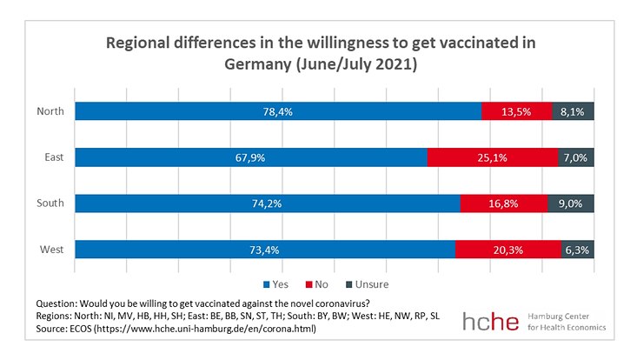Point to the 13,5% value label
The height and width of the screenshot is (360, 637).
pyautogui.click(x=517, y=110)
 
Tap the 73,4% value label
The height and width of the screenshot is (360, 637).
pyautogui.click(x=264, y=250)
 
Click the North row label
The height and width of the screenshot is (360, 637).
pyautogui.click(x=49, y=110)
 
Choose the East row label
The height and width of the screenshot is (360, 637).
pyautogui.click(x=51, y=157)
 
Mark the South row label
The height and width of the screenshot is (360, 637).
pyautogui.click(x=49, y=203)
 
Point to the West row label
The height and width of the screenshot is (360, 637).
pyautogui.click(x=50, y=250)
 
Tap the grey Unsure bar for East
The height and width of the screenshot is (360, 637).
pyautogui.click(x=575, y=157)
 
